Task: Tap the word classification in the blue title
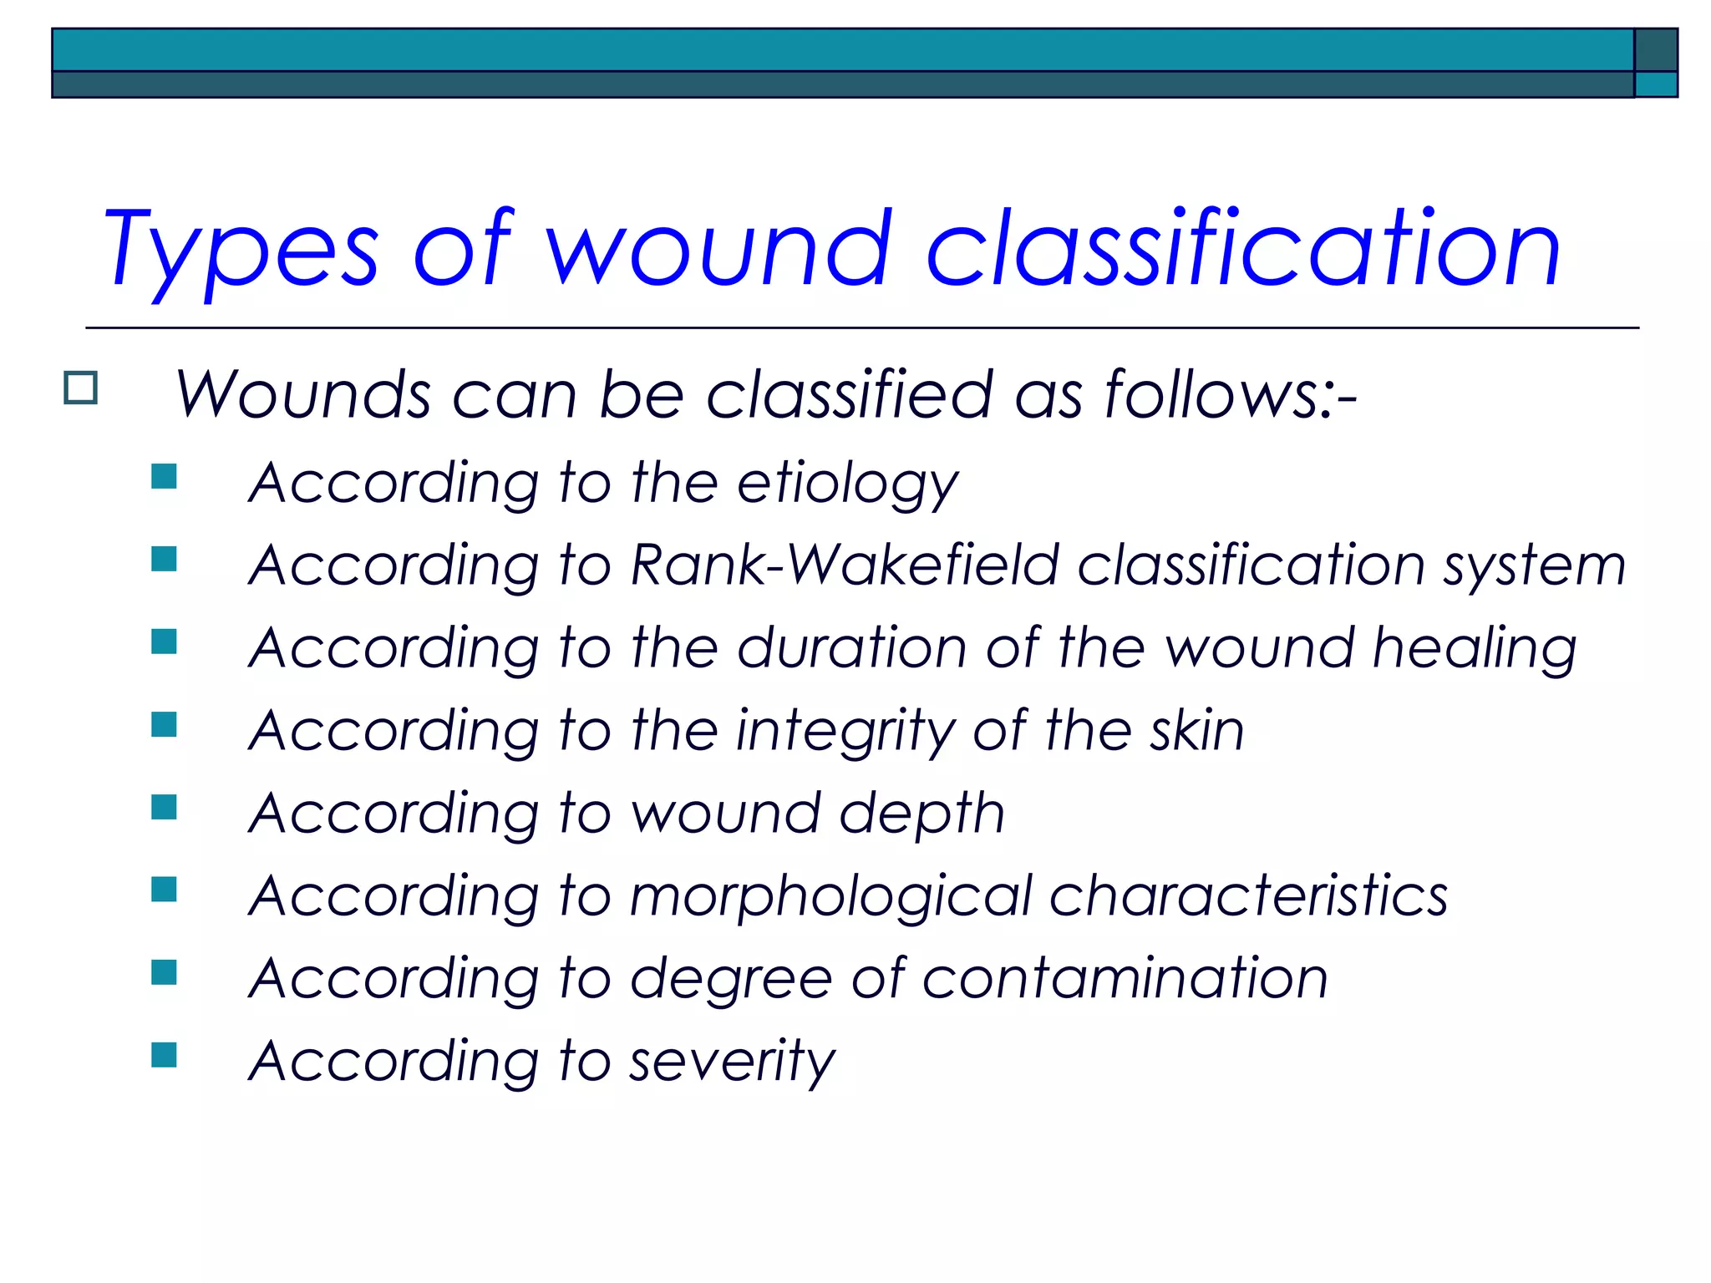click(1243, 249)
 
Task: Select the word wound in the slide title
click(719, 249)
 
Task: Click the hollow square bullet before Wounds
click(81, 388)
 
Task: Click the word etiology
click(847, 484)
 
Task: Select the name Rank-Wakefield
click(845, 565)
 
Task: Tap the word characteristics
click(1248, 896)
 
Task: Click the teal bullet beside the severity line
click(164, 1055)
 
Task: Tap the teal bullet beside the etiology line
click(164, 476)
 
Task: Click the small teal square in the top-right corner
click(1656, 84)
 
